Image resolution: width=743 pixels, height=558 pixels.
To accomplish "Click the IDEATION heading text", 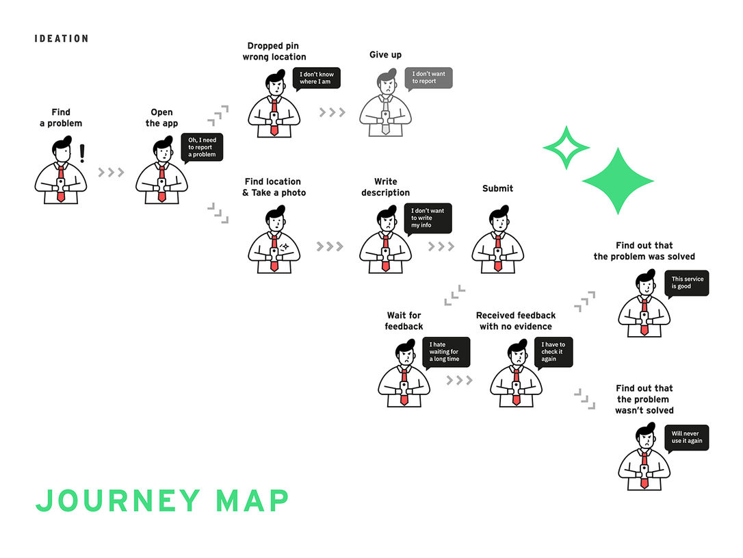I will pyautogui.click(x=61, y=38).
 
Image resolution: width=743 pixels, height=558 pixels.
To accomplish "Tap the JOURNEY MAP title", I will pyautogui.click(x=162, y=500).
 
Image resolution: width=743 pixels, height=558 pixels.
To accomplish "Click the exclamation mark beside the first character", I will pyautogui.click(x=83, y=153).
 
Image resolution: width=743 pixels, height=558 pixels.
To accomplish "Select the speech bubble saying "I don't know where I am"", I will pyautogui.click(x=316, y=78).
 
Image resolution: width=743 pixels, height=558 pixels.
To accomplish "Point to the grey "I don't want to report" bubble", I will pyautogui.click(x=428, y=78).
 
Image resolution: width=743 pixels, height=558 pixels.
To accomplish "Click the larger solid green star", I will pyautogui.click(x=618, y=181).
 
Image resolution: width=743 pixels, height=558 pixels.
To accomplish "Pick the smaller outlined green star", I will pyautogui.click(x=566, y=147).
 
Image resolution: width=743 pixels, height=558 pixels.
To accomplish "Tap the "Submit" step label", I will pyautogui.click(x=497, y=188).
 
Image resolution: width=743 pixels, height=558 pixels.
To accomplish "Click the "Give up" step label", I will pyautogui.click(x=385, y=55).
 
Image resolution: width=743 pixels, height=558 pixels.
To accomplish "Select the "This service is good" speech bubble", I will pyautogui.click(x=686, y=283).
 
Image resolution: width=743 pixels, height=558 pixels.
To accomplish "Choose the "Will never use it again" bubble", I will pyautogui.click(x=686, y=437).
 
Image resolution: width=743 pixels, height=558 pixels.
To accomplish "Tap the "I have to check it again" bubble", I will pyautogui.click(x=553, y=352).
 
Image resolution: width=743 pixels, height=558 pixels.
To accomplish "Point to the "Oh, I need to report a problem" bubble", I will pyautogui.click(x=203, y=147).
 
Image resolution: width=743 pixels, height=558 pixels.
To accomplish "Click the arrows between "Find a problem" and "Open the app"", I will pyautogui.click(x=111, y=173).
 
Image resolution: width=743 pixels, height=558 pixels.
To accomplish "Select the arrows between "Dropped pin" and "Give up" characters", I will pyautogui.click(x=333, y=112).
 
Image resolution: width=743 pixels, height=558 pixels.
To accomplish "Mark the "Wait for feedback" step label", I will pyautogui.click(x=404, y=321).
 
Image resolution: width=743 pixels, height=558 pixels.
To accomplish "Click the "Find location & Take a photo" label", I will pyautogui.click(x=274, y=187).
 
